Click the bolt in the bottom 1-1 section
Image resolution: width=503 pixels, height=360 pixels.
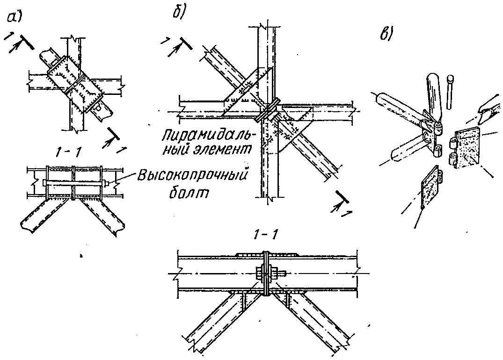pos(265,273)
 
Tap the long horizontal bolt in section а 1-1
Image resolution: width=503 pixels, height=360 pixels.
pos(75,181)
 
